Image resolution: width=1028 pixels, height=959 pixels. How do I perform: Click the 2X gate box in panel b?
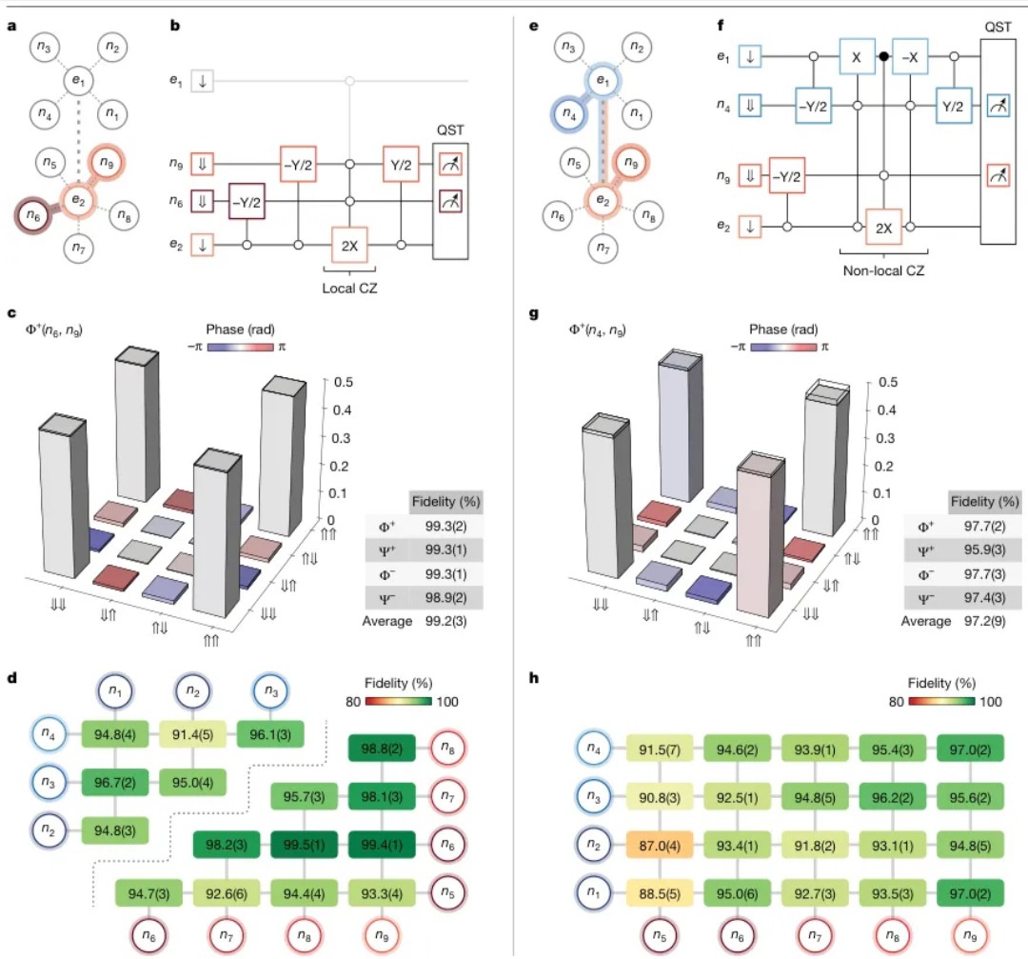tap(349, 246)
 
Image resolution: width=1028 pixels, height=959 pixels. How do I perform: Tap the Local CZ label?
tap(349, 288)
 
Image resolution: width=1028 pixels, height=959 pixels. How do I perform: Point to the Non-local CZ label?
tap(883, 270)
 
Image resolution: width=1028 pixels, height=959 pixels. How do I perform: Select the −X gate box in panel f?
tap(910, 57)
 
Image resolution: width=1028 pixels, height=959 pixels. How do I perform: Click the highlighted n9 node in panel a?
tap(107, 163)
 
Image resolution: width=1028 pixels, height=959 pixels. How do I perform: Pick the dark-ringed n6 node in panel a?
tap(33, 214)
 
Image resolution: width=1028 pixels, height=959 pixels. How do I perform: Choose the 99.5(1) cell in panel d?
tap(305, 845)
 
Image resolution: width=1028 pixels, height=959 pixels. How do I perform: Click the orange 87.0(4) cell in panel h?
tap(660, 846)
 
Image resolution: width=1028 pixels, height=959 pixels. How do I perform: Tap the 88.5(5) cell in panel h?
tap(660, 893)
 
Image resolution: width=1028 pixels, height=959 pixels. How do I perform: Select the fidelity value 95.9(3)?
tap(984, 549)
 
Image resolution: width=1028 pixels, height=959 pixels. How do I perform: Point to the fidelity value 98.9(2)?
tap(445, 597)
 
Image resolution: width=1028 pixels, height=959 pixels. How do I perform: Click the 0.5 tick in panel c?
tap(344, 382)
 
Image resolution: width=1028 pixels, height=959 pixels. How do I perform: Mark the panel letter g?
tap(534, 313)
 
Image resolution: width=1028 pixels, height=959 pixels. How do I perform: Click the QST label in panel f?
tap(998, 27)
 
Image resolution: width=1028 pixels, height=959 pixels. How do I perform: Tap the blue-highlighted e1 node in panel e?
tap(602, 81)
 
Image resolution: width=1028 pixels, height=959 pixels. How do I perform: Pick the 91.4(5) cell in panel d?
tap(192, 734)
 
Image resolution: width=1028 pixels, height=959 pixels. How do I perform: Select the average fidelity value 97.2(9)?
tap(985, 621)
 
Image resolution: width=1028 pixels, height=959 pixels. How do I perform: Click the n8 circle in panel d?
tap(447, 748)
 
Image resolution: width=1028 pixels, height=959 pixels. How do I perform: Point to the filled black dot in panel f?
tap(883, 56)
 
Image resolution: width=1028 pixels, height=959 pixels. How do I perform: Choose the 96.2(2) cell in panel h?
tap(892, 797)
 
